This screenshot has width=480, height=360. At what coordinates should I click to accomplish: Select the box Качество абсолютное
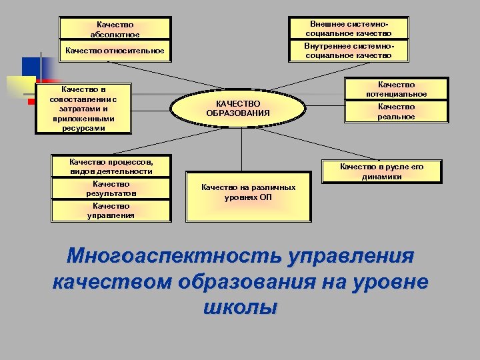click(115, 29)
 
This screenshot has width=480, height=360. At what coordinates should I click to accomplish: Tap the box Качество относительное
click(115, 51)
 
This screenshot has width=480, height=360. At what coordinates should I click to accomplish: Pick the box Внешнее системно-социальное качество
click(348, 28)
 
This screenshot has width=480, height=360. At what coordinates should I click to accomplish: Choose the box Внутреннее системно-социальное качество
click(348, 51)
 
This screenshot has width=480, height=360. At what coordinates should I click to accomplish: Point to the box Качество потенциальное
click(396, 89)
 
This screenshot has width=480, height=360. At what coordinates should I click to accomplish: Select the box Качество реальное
click(396, 111)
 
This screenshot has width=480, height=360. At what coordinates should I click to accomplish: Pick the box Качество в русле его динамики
click(382, 172)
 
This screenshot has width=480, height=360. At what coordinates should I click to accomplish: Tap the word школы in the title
click(237, 307)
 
